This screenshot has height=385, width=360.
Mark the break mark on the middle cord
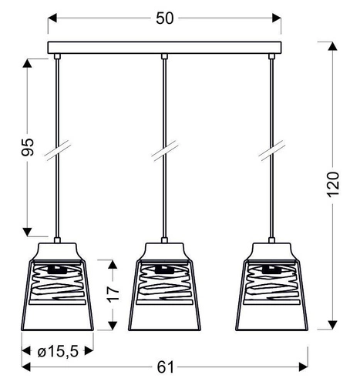163,152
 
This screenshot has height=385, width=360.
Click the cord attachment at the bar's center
163,55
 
